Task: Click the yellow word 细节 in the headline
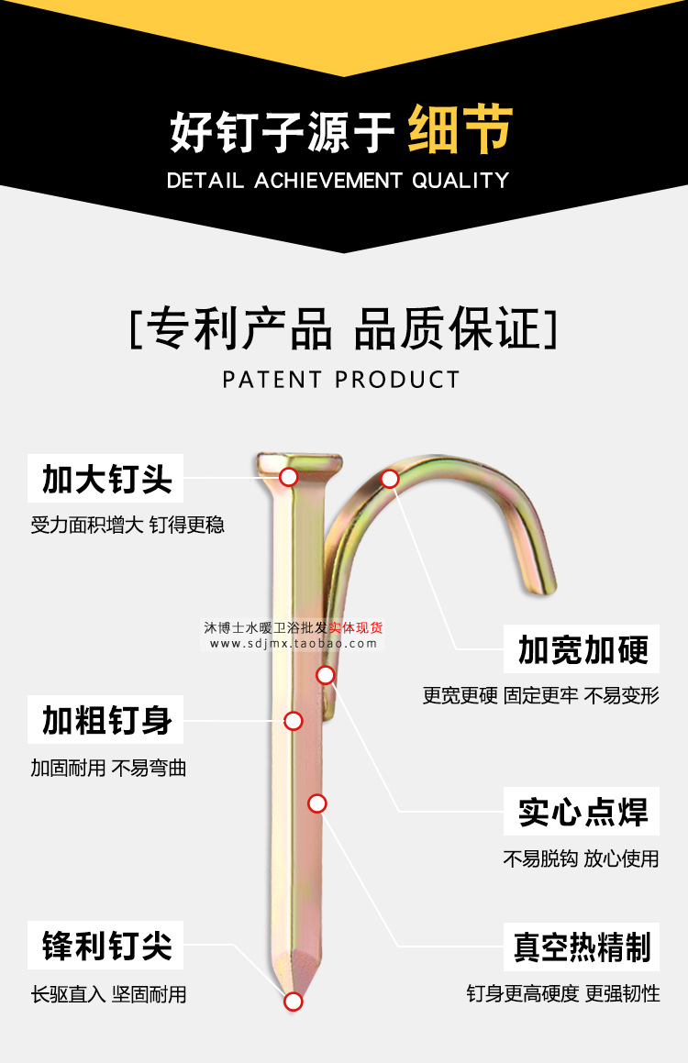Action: click(x=461, y=128)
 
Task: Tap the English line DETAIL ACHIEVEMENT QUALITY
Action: click(x=338, y=181)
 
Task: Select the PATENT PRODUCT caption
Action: click(x=341, y=380)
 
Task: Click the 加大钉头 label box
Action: click(x=105, y=478)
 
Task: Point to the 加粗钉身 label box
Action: click(x=105, y=719)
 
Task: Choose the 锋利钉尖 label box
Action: click(x=105, y=945)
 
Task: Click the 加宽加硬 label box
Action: click(x=582, y=648)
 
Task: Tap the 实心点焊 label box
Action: click(x=582, y=812)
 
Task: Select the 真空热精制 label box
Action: click(x=582, y=947)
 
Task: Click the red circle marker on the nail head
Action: click(x=289, y=477)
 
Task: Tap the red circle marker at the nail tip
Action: click(x=293, y=1002)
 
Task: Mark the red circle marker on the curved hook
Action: click(x=390, y=479)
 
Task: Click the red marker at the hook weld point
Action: click(x=326, y=674)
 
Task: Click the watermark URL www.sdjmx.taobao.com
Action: click(x=293, y=644)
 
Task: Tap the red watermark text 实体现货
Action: click(x=356, y=627)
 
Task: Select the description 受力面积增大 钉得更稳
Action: click(x=128, y=525)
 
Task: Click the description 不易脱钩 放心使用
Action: click(x=581, y=859)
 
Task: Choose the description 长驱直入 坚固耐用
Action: click(x=108, y=994)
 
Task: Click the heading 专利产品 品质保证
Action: click(x=343, y=329)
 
